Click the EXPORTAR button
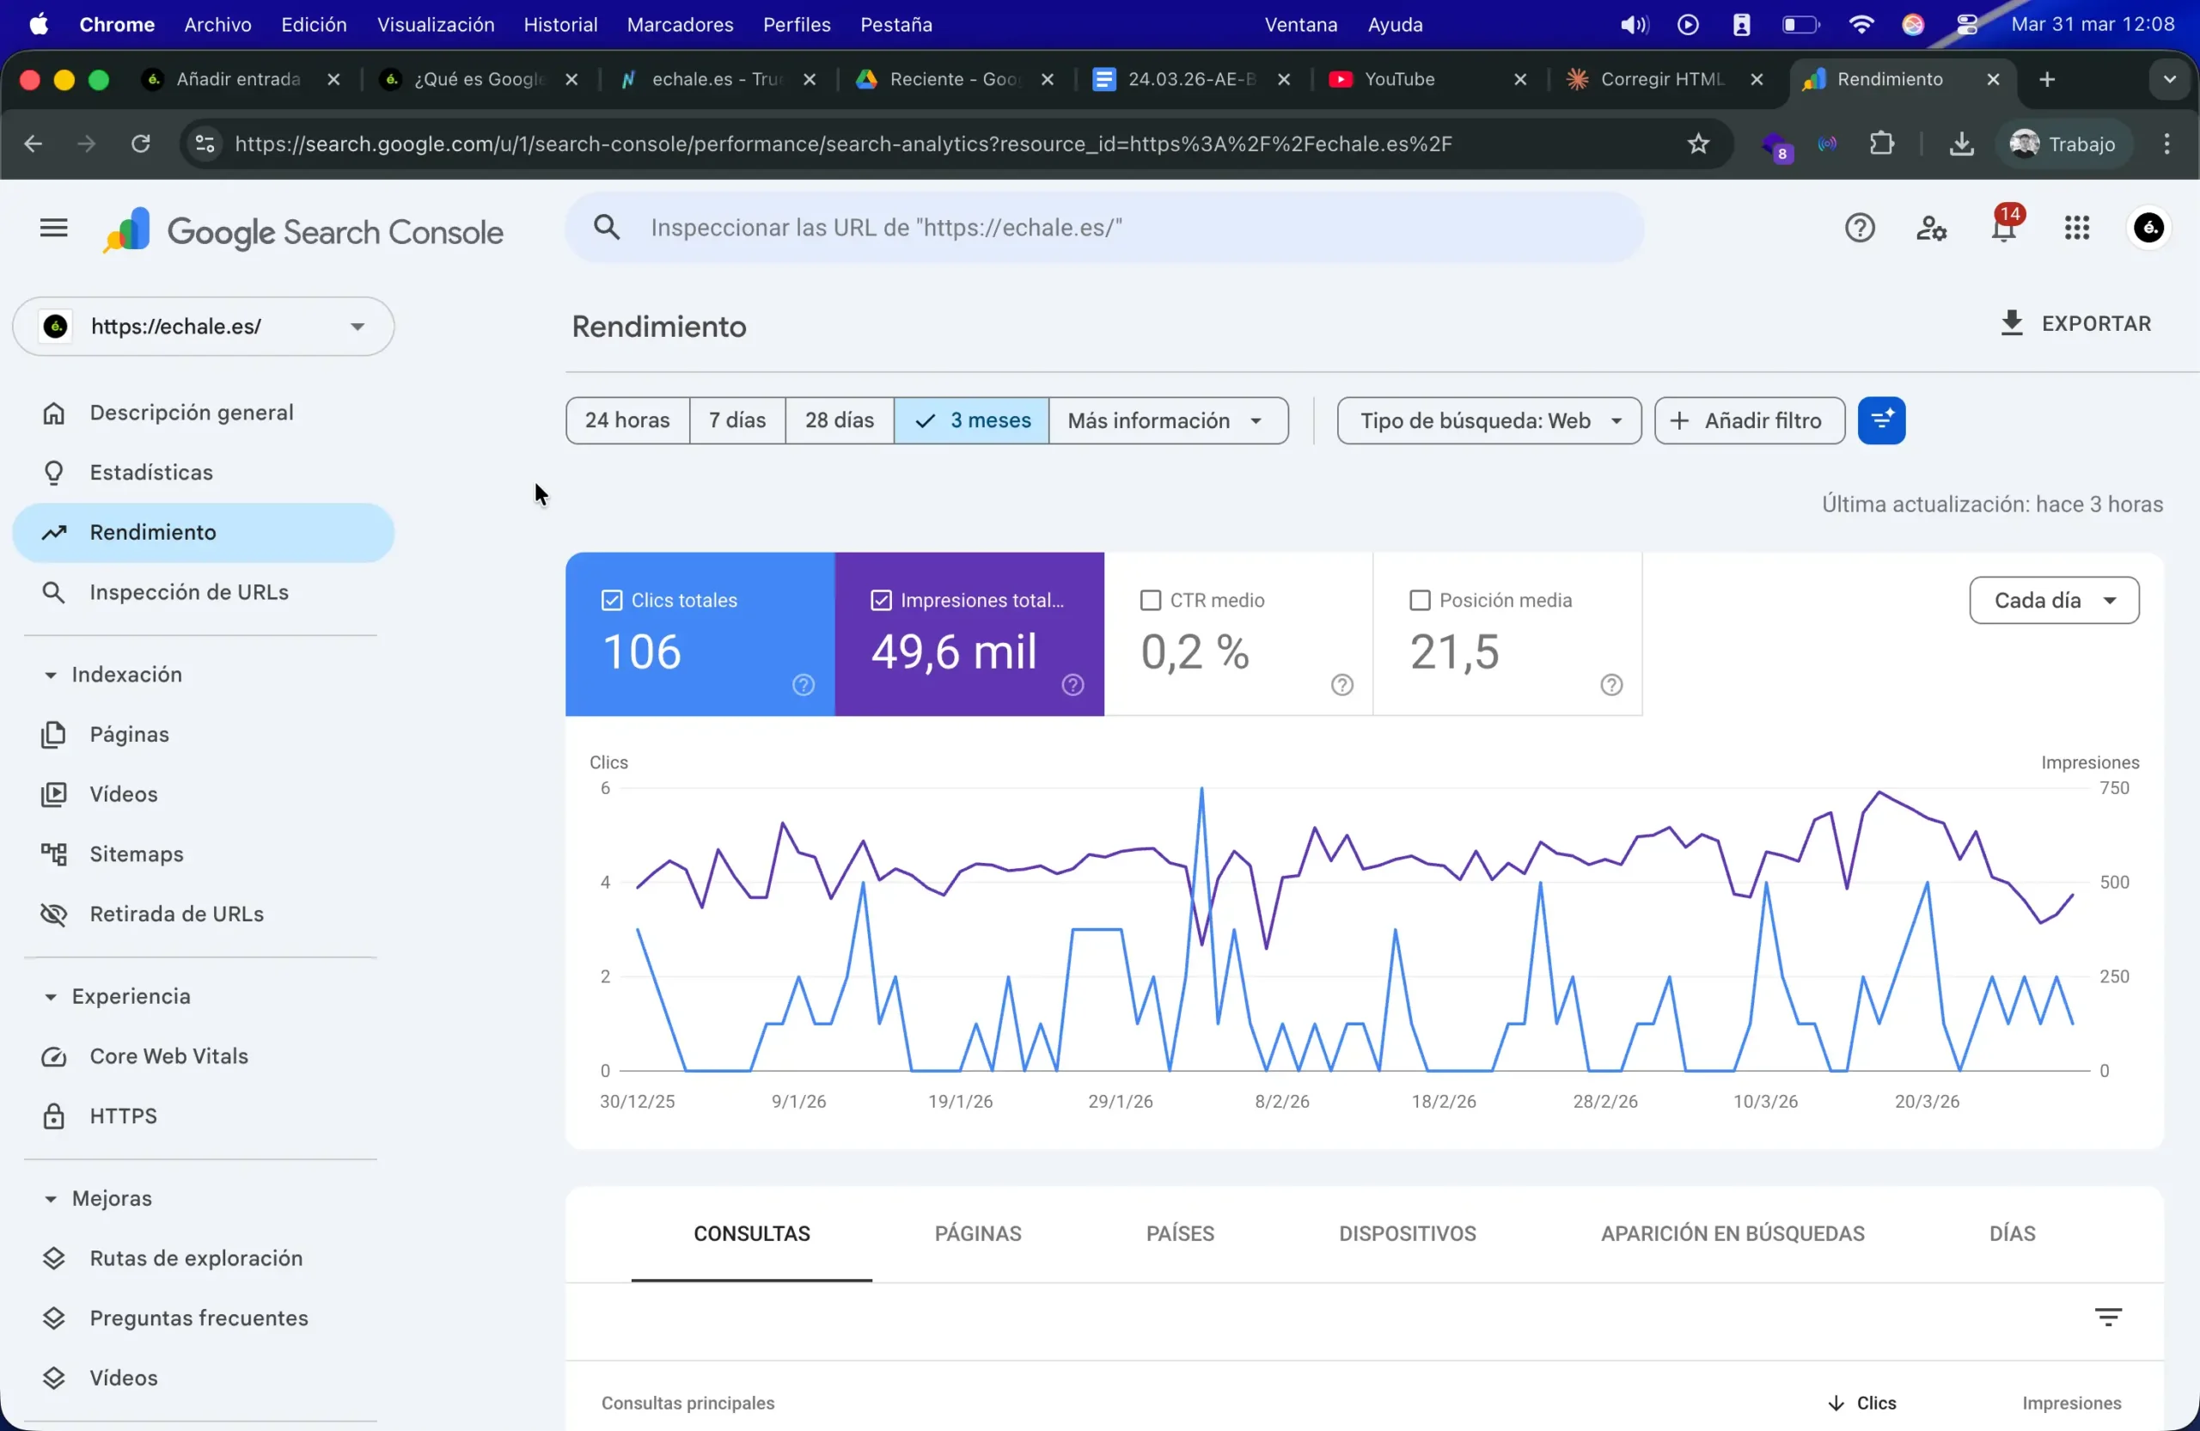point(2075,323)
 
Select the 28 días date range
point(839,420)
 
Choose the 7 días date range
point(736,420)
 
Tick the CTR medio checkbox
point(1150,601)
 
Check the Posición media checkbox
point(1419,601)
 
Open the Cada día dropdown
point(2053,601)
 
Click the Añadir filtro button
point(1749,420)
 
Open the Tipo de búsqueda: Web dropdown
point(1488,420)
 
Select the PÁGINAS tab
point(977,1233)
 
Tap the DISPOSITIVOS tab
point(1407,1233)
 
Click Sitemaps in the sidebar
point(136,854)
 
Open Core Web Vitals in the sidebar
point(168,1055)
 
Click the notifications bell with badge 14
point(2003,229)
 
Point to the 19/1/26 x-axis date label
point(960,1101)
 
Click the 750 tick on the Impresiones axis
point(2114,788)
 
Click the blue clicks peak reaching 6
point(1201,791)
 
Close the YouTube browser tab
point(1519,79)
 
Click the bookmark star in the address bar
point(1698,144)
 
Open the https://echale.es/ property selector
point(204,327)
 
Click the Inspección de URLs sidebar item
point(188,591)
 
